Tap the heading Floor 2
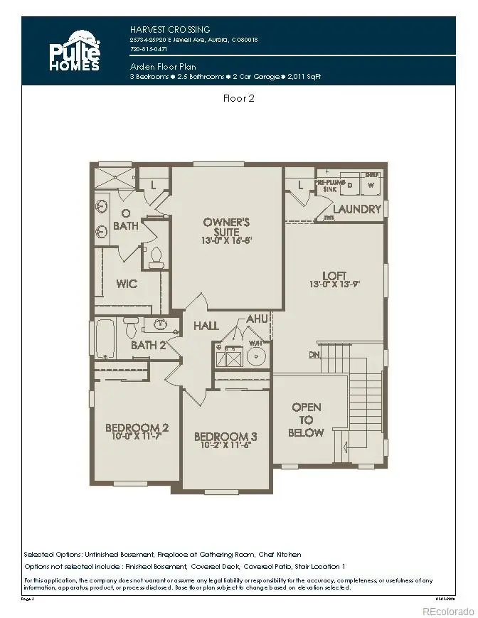239,98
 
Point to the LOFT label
334,276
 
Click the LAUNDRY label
358,209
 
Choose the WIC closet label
127,284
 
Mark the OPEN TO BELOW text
307,420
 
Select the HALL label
206,326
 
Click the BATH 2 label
148,346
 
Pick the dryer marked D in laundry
349,185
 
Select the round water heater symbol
256,353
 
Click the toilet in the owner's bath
156,255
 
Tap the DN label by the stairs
314,355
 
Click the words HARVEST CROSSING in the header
170,29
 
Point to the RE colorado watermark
447,611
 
